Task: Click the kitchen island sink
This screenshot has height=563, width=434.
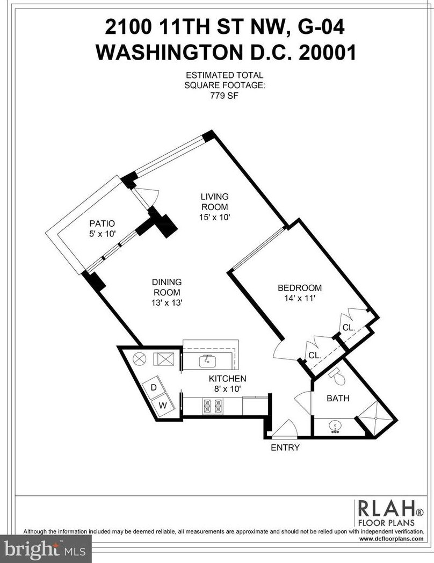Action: pyautogui.click(x=207, y=361)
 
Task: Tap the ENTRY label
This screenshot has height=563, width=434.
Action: pyautogui.click(x=285, y=447)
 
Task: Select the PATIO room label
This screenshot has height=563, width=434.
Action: pyautogui.click(x=102, y=223)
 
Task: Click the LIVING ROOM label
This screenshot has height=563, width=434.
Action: pyautogui.click(x=215, y=202)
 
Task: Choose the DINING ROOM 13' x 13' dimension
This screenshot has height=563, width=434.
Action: pyautogui.click(x=167, y=302)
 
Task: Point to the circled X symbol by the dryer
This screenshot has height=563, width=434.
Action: pyautogui.click(x=140, y=358)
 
